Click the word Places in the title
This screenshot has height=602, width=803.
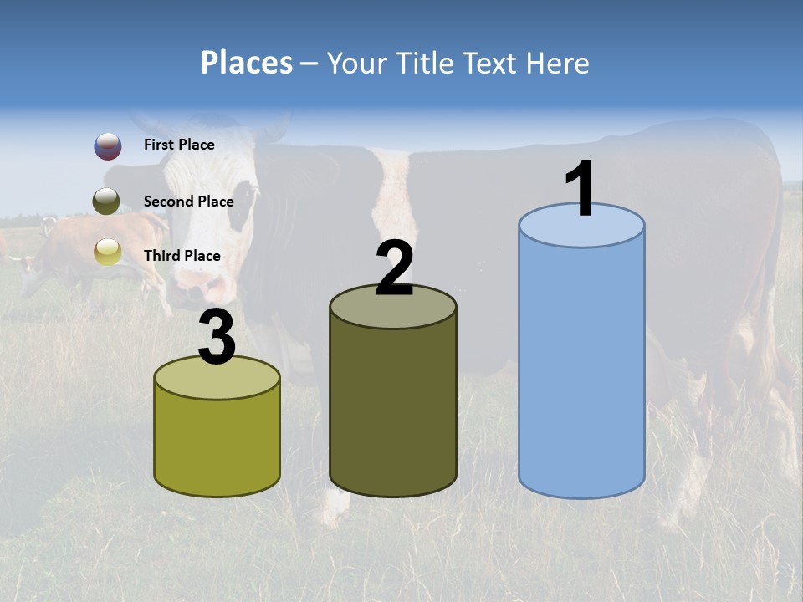(x=247, y=63)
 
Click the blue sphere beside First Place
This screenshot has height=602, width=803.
(x=107, y=146)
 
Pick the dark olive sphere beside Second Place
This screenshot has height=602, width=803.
(x=107, y=202)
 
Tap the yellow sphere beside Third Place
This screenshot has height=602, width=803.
(x=107, y=252)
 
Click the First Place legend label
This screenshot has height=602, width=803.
(x=179, y=145)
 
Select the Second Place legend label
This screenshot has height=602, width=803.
(x=188, y=202)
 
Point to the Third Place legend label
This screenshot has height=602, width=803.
(x=182, y=256)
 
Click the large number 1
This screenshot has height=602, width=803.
(x=581, y=190)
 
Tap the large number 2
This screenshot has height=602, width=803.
(x=394, y=269)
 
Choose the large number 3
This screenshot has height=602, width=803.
(x=217, y=339)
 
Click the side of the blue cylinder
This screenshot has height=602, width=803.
(x=581, y=368)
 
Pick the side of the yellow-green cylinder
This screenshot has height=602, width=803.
(x=217, y=443)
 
